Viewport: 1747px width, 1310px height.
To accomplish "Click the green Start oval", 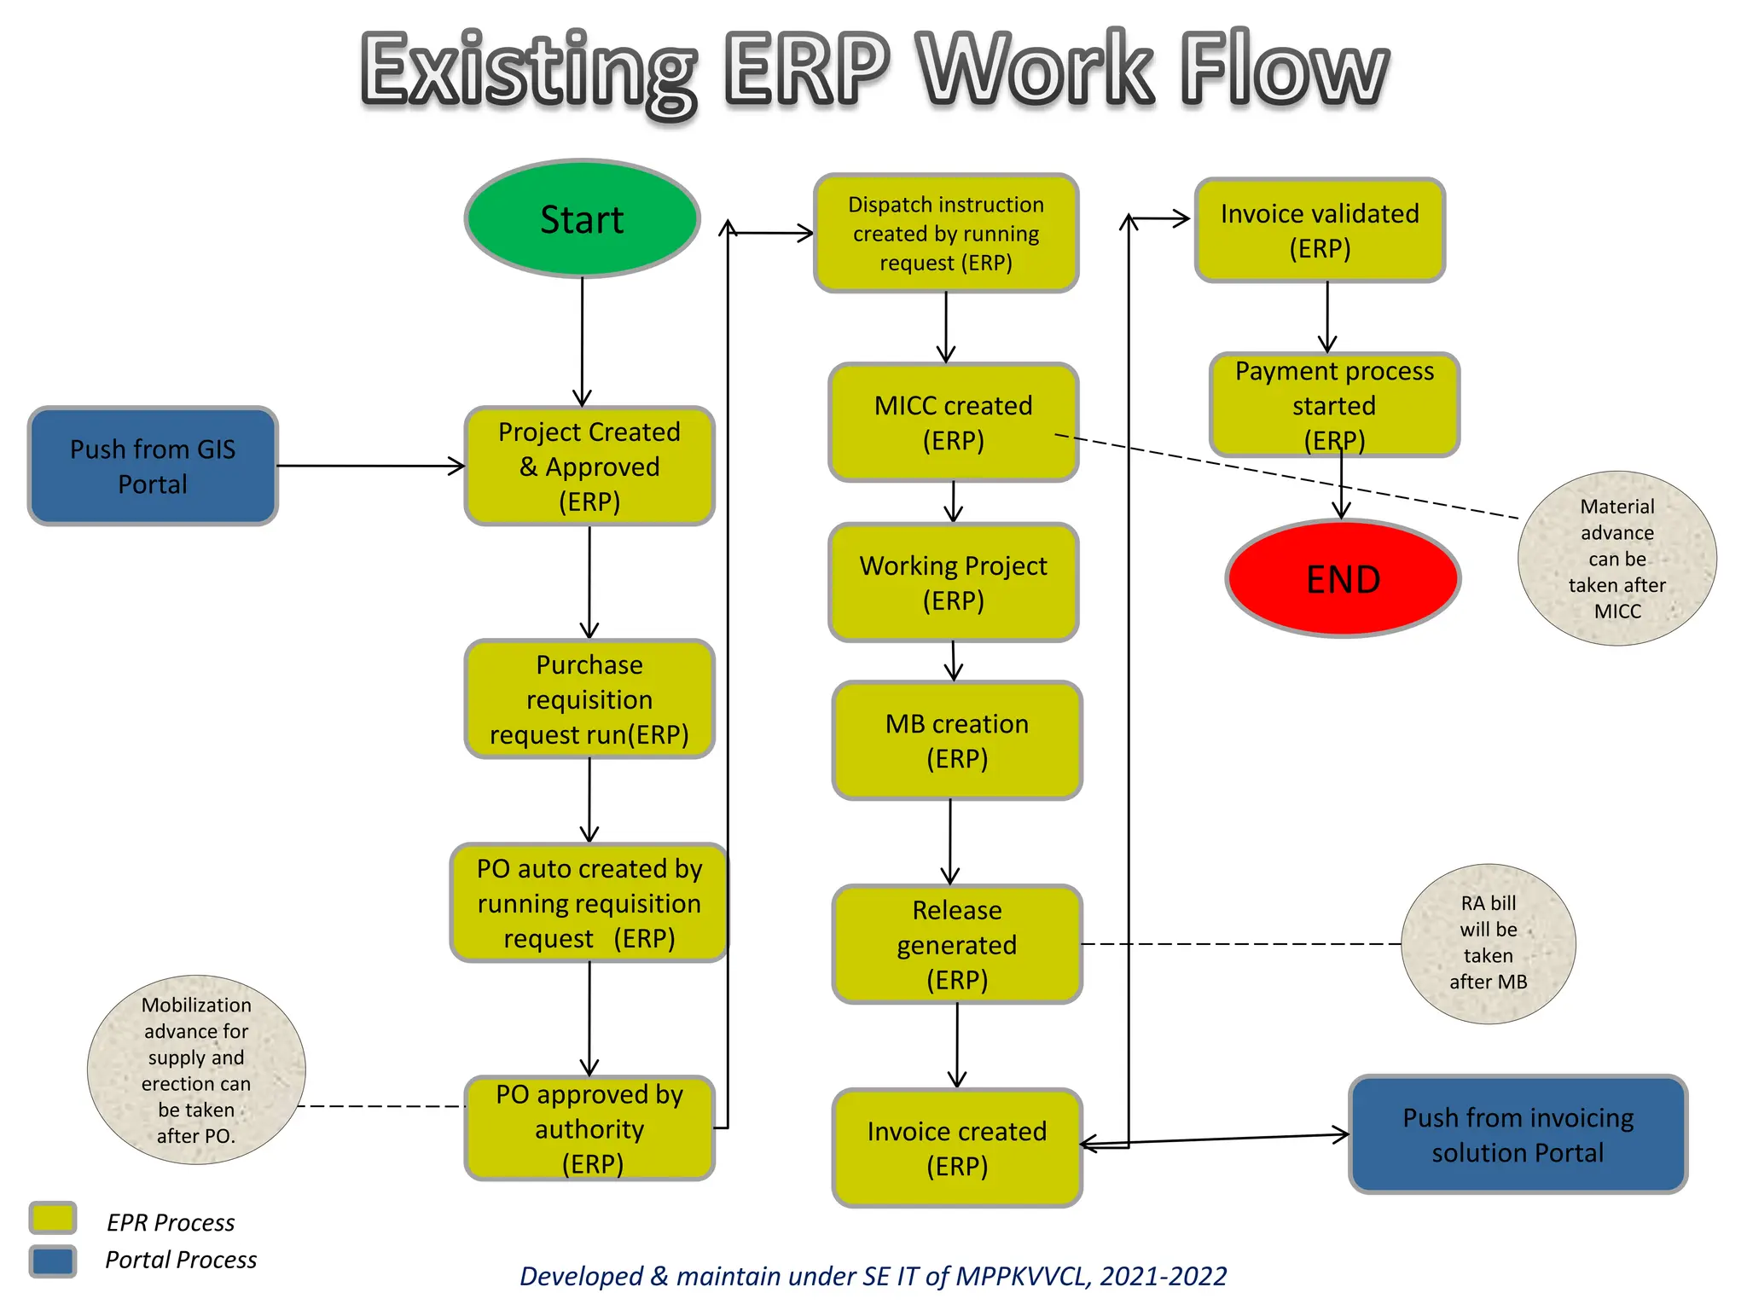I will click(583, 219).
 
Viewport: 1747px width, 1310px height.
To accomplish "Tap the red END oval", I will click(1343, 579).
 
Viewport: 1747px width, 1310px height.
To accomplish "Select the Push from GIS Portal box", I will click(153, 466).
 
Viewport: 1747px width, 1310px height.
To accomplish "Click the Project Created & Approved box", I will click(589, 466).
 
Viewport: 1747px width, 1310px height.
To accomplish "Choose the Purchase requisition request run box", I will click(589, 698).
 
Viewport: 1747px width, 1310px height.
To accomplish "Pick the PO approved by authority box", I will click(589, 1127).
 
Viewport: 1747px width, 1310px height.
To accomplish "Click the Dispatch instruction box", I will click(946, 233).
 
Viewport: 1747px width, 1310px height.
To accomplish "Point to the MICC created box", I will click(953, 422).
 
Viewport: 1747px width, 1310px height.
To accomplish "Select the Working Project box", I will click(953, 583).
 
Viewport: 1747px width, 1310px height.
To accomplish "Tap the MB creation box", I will click(956, 740).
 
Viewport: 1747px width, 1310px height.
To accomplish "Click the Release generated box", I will click(956, 944).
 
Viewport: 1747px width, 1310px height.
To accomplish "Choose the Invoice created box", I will click(956, 1147).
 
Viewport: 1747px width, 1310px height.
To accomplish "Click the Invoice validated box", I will click(1320, 230).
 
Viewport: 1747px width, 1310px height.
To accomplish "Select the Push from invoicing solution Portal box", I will click(1518, 1134).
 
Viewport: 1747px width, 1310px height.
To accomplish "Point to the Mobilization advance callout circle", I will click(196, 1069).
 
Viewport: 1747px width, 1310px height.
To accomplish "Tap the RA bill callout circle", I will click(1488, 942).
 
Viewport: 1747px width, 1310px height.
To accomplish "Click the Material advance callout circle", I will click(1616, 558).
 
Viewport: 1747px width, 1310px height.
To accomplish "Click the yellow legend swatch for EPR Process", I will click(53, 1218).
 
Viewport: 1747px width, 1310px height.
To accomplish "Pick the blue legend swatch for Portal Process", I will click(53, 1261).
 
